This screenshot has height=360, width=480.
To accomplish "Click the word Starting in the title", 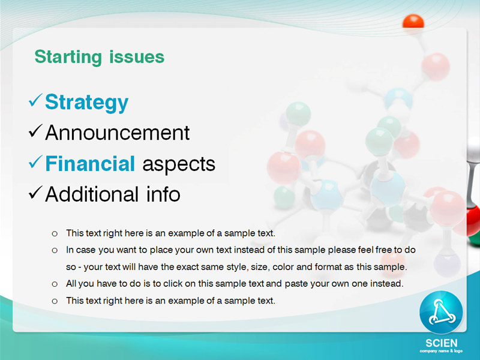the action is [x=68, y=57].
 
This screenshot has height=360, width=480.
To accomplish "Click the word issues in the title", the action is [x=137, y=56].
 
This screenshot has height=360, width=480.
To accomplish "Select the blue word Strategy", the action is [x=86, y=103].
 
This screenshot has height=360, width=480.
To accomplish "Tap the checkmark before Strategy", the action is [x=35, y=100].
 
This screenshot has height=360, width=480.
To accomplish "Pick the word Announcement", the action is [x=117, y=133].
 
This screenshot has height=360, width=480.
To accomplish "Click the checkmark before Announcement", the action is [x=35, y=131].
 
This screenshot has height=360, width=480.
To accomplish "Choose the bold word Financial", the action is [x=90, y=163].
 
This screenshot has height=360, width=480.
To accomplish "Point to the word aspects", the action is [x=179, y=164].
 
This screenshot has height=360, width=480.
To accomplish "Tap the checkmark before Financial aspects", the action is [x=35, y=162].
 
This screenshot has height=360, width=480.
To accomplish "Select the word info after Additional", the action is [x=163, y=194].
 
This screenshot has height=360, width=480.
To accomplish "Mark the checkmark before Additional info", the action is [x=35, y=193].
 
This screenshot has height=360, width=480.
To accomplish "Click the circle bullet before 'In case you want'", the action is [x=55, y=251].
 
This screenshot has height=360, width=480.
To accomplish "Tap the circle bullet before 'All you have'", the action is [x=55, y=284].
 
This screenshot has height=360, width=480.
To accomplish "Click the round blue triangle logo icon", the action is [x=441, y=312].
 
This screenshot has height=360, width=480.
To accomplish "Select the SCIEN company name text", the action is [x=441, y=343].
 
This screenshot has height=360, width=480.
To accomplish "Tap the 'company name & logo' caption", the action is [x=441, y=351].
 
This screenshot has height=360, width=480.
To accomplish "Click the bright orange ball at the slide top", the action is [x=413, y=22].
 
